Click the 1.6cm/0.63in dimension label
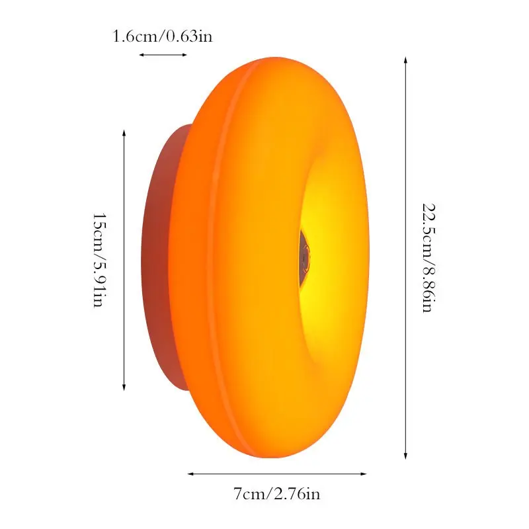(162, 36)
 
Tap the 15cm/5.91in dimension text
(100, 260)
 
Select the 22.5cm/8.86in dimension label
(429, 258)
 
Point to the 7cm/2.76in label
(276, 494)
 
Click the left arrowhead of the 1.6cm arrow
(142, 55)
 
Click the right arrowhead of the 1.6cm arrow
(184, 55)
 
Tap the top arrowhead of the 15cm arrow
(124, 132)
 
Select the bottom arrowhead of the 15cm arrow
(124, 388)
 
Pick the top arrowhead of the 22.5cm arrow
(405, 60)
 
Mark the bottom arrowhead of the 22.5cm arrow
(405, 456)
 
